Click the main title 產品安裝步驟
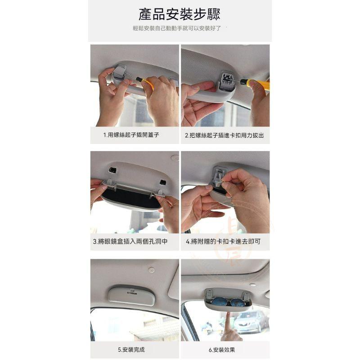tap(179, 14)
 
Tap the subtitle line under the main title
tap(177, 28)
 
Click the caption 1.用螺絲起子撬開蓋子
tap(131, 135)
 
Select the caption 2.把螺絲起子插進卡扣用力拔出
tap(224, 135)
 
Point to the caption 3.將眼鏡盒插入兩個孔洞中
tap(130, 241)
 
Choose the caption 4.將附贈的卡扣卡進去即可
tap(223, 241)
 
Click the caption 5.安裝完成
tap(131, 350)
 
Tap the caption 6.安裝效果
tap(222, 350)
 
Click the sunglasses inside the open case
tap(226, 301)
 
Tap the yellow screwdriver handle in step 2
tap(258, 83)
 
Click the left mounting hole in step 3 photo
tap(112, 171)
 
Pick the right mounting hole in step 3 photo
tap(163, 182)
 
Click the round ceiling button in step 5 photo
tap(151, 270)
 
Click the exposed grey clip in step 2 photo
tap(227, 81)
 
